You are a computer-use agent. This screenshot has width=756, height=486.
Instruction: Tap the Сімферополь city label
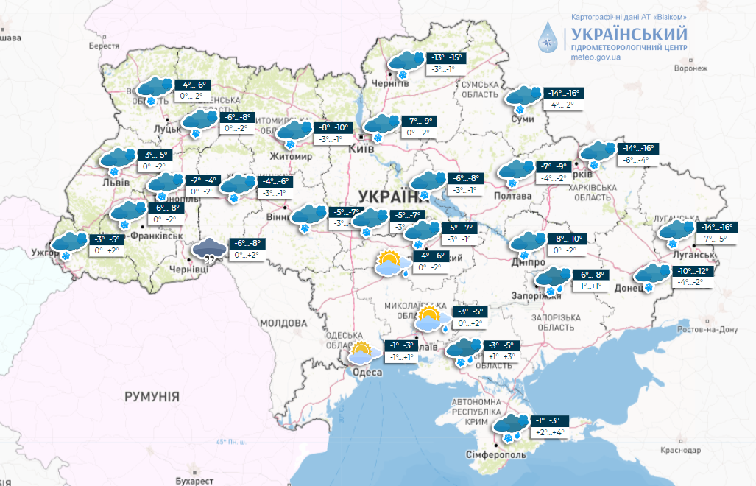[x=495, y=455]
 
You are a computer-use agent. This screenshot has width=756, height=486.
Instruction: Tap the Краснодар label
[x=681, y=450]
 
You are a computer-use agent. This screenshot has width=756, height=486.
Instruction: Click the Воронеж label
[x=690, y=68]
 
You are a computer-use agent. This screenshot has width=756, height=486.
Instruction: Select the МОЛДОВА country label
[x=283, y=323]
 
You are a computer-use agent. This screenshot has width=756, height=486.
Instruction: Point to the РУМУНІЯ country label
[x=152, y=396]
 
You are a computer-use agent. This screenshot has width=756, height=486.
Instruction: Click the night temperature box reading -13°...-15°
[x=447, y=57]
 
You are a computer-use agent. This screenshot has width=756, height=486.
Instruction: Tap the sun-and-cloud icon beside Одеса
[x=362, y=354]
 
